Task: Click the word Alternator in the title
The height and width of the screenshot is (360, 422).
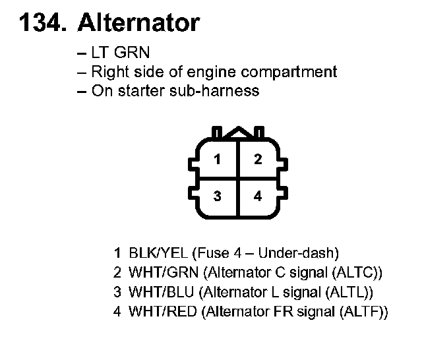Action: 138,23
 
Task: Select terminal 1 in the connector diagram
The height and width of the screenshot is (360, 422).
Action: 217,159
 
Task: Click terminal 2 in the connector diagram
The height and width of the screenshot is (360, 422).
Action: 258,159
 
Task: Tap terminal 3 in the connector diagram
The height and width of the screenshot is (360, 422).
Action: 217,196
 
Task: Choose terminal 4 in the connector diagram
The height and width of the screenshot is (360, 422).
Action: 258,196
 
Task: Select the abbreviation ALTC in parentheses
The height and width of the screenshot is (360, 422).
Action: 356,272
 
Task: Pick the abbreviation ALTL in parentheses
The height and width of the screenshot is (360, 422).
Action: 353,291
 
